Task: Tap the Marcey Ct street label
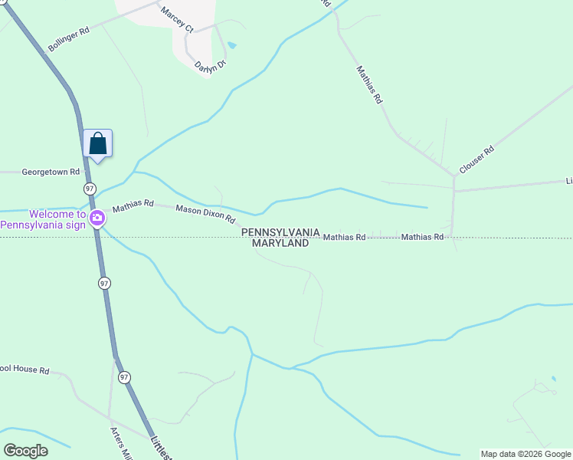176,18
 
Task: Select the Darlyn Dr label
211,66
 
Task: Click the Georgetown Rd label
51,172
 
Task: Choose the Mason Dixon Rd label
205,213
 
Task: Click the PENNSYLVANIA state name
280,232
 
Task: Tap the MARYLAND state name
280,243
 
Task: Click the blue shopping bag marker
98,143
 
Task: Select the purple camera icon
97,219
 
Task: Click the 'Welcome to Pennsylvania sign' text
44,219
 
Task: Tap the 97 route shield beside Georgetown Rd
90,189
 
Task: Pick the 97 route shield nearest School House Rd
124,377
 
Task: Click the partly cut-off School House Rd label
25,370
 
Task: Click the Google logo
25,450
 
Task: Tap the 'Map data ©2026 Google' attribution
526,454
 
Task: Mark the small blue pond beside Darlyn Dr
232,45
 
